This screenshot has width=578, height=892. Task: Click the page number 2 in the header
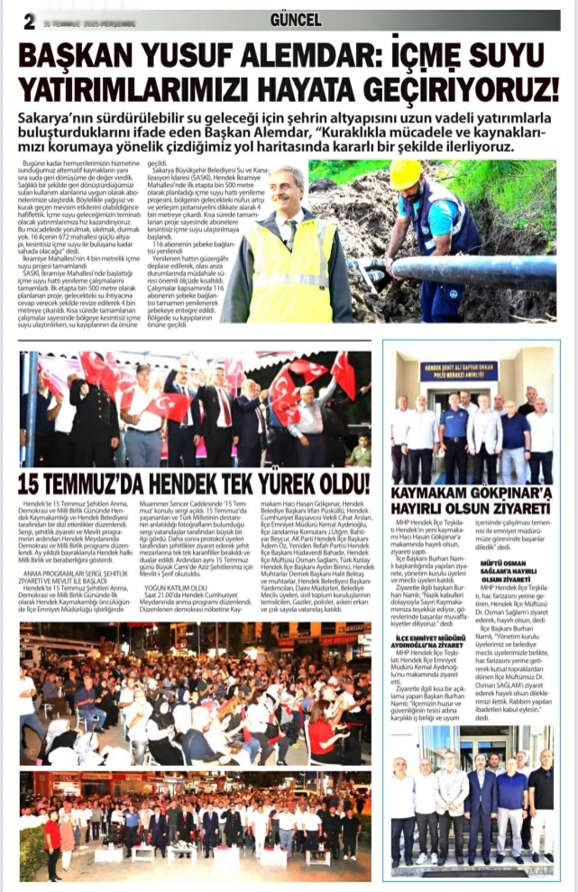(29, 21)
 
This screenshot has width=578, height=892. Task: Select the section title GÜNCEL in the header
(296, 19)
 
